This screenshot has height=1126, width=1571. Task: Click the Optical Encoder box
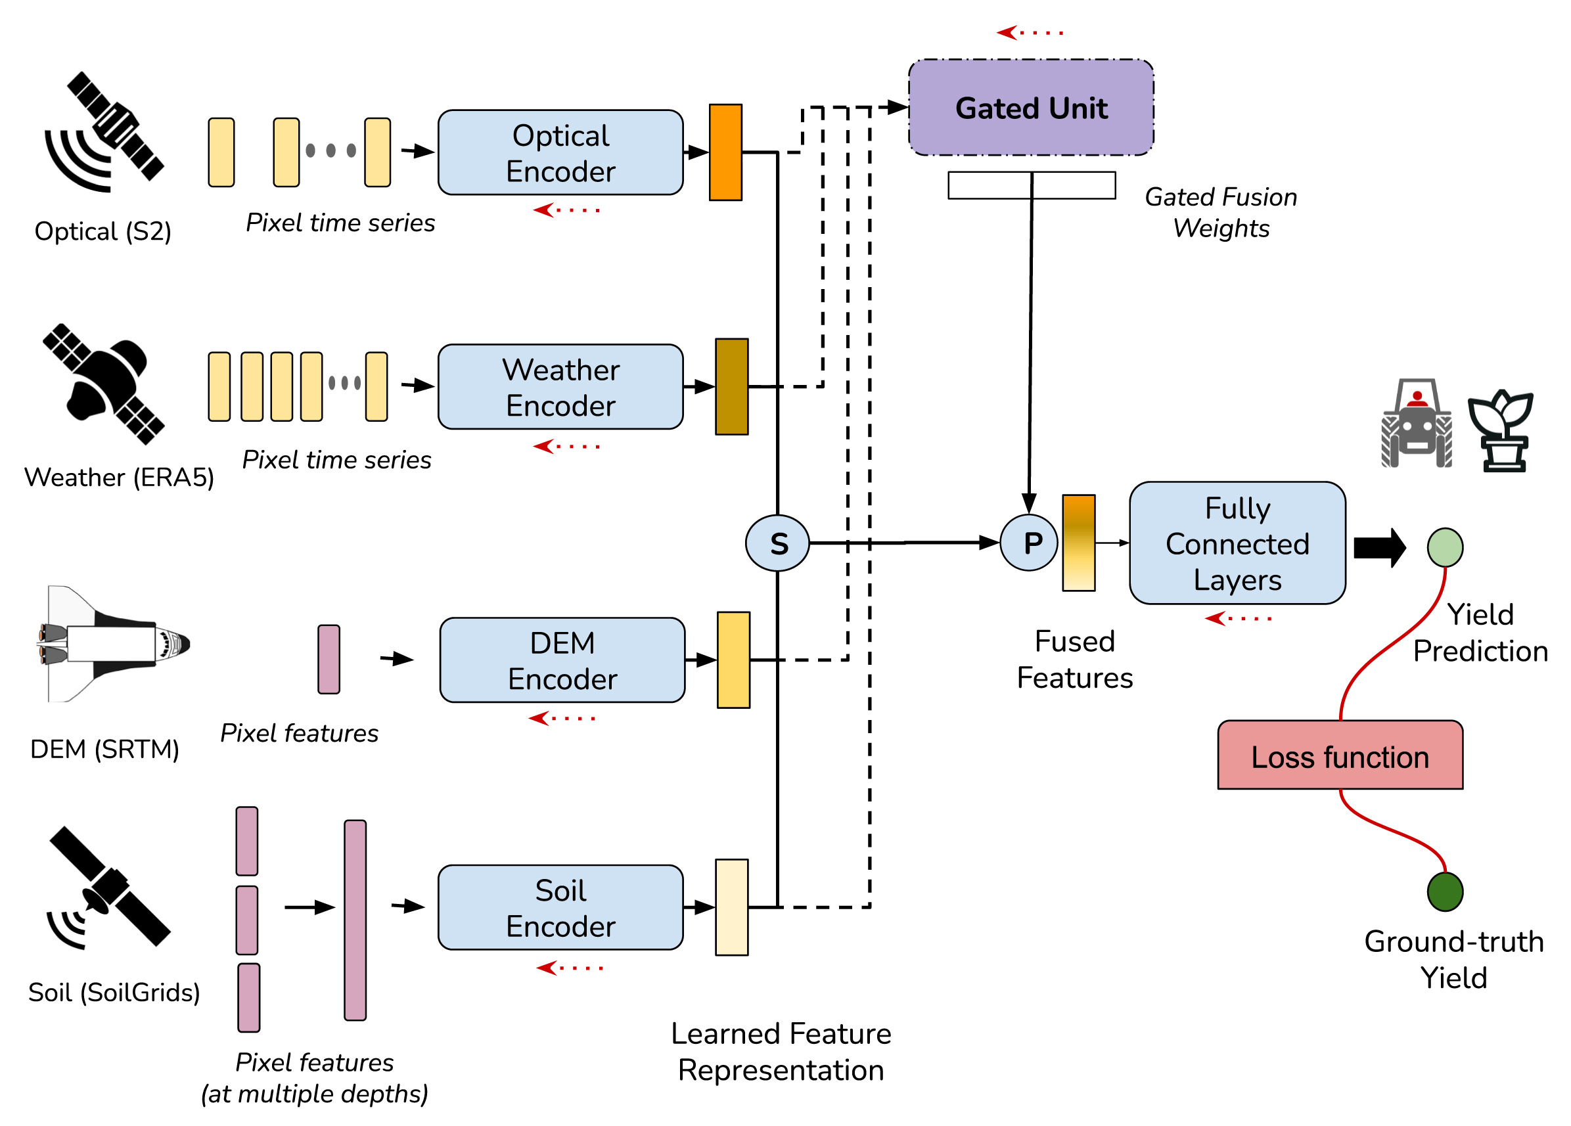560,152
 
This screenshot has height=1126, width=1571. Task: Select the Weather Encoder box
560,386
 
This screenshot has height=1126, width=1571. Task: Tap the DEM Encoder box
562,660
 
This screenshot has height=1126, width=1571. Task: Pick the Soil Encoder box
560,907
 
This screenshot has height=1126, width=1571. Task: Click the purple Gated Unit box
1031,107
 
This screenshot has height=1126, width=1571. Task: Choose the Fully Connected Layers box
1237,543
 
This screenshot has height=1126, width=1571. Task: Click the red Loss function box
1340,755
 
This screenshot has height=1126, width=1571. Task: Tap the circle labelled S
777,543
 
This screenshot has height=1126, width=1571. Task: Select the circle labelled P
1030,542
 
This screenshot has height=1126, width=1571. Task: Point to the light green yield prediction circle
1445,547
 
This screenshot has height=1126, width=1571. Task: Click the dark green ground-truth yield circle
1445,892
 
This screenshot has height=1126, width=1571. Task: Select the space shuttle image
111,644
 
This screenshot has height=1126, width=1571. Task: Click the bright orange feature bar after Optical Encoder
725,152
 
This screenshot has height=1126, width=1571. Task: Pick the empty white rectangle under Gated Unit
1032,185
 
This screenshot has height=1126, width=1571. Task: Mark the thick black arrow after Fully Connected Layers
1379,547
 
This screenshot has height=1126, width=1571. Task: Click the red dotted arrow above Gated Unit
1030,32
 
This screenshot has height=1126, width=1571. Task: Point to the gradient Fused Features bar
1078,543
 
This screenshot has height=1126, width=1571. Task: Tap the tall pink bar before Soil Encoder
355,920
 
